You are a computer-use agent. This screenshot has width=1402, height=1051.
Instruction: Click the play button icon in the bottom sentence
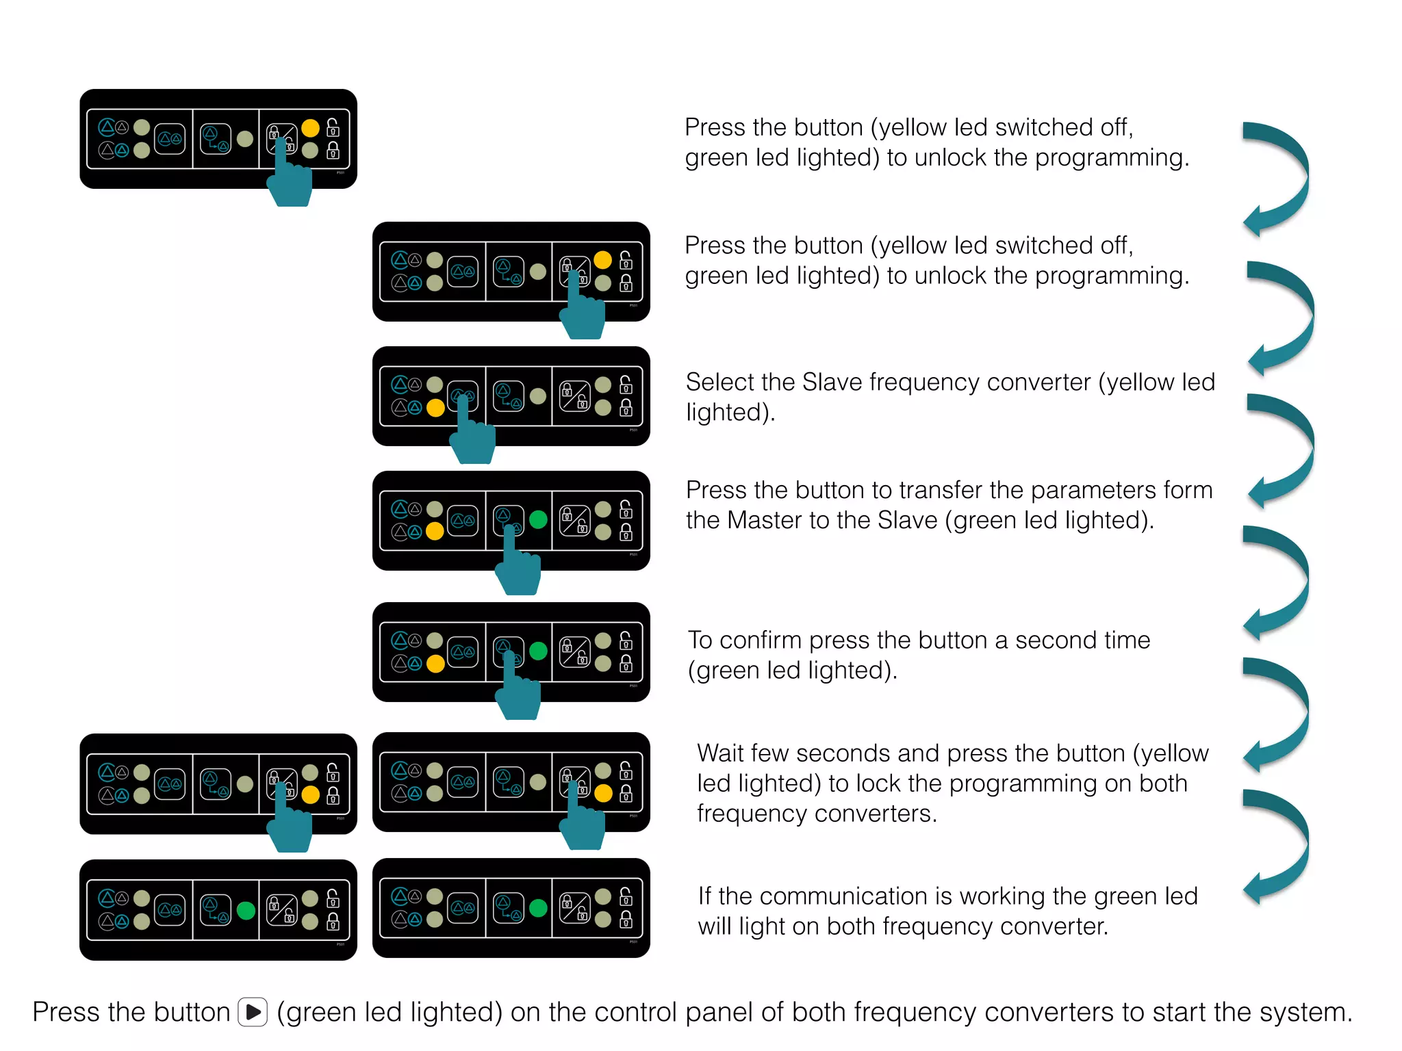(253, 1012)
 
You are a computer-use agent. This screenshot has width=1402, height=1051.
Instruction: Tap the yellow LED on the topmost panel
(310, 128)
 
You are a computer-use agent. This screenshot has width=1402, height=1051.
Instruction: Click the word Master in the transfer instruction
(764, 521)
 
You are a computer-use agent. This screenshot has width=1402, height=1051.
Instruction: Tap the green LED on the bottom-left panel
(246, 911)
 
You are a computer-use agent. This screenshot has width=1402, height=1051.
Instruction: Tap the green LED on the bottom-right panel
(539, 908)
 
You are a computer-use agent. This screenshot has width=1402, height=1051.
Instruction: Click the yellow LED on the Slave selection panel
(435, 408)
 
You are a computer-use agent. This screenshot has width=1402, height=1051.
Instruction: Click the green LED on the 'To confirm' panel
(539, 651)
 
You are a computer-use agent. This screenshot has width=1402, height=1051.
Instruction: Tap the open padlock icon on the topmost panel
(333, 127)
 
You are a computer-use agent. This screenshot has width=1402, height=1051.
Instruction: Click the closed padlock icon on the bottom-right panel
(626, 920)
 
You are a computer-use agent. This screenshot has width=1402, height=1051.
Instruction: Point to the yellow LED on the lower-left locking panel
(310, 794)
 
